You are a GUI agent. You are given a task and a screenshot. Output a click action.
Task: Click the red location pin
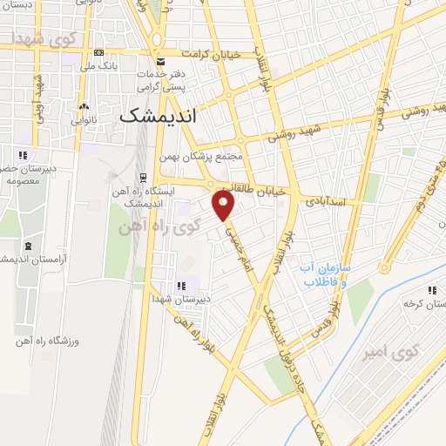tap(225, 206)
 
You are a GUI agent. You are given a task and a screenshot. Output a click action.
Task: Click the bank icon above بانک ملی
tap(98, 53)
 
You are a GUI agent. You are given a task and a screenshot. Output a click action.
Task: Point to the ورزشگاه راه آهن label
tap(49, 341)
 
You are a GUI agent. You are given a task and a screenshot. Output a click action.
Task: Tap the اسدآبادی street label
tap(325, 201)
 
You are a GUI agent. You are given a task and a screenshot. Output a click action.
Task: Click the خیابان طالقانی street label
tap(254, 191)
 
